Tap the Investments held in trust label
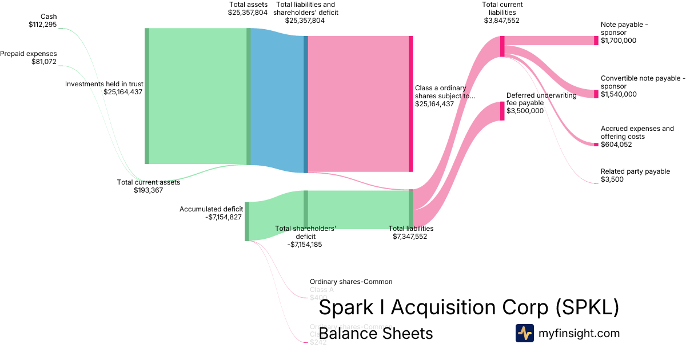[103, 87]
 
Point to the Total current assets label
[148, 186]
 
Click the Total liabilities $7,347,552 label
[410, 232]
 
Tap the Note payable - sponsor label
[626, 33]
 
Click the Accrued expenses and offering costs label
[637, 137]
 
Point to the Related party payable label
[635, 175]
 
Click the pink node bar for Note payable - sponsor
[596, 41]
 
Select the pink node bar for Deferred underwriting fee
[502, 111]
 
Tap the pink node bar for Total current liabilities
[502, 46]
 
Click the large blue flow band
[277, 100]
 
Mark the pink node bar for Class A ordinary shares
[410, 103]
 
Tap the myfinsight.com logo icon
[524, 333]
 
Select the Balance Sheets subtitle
[376, 333]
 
